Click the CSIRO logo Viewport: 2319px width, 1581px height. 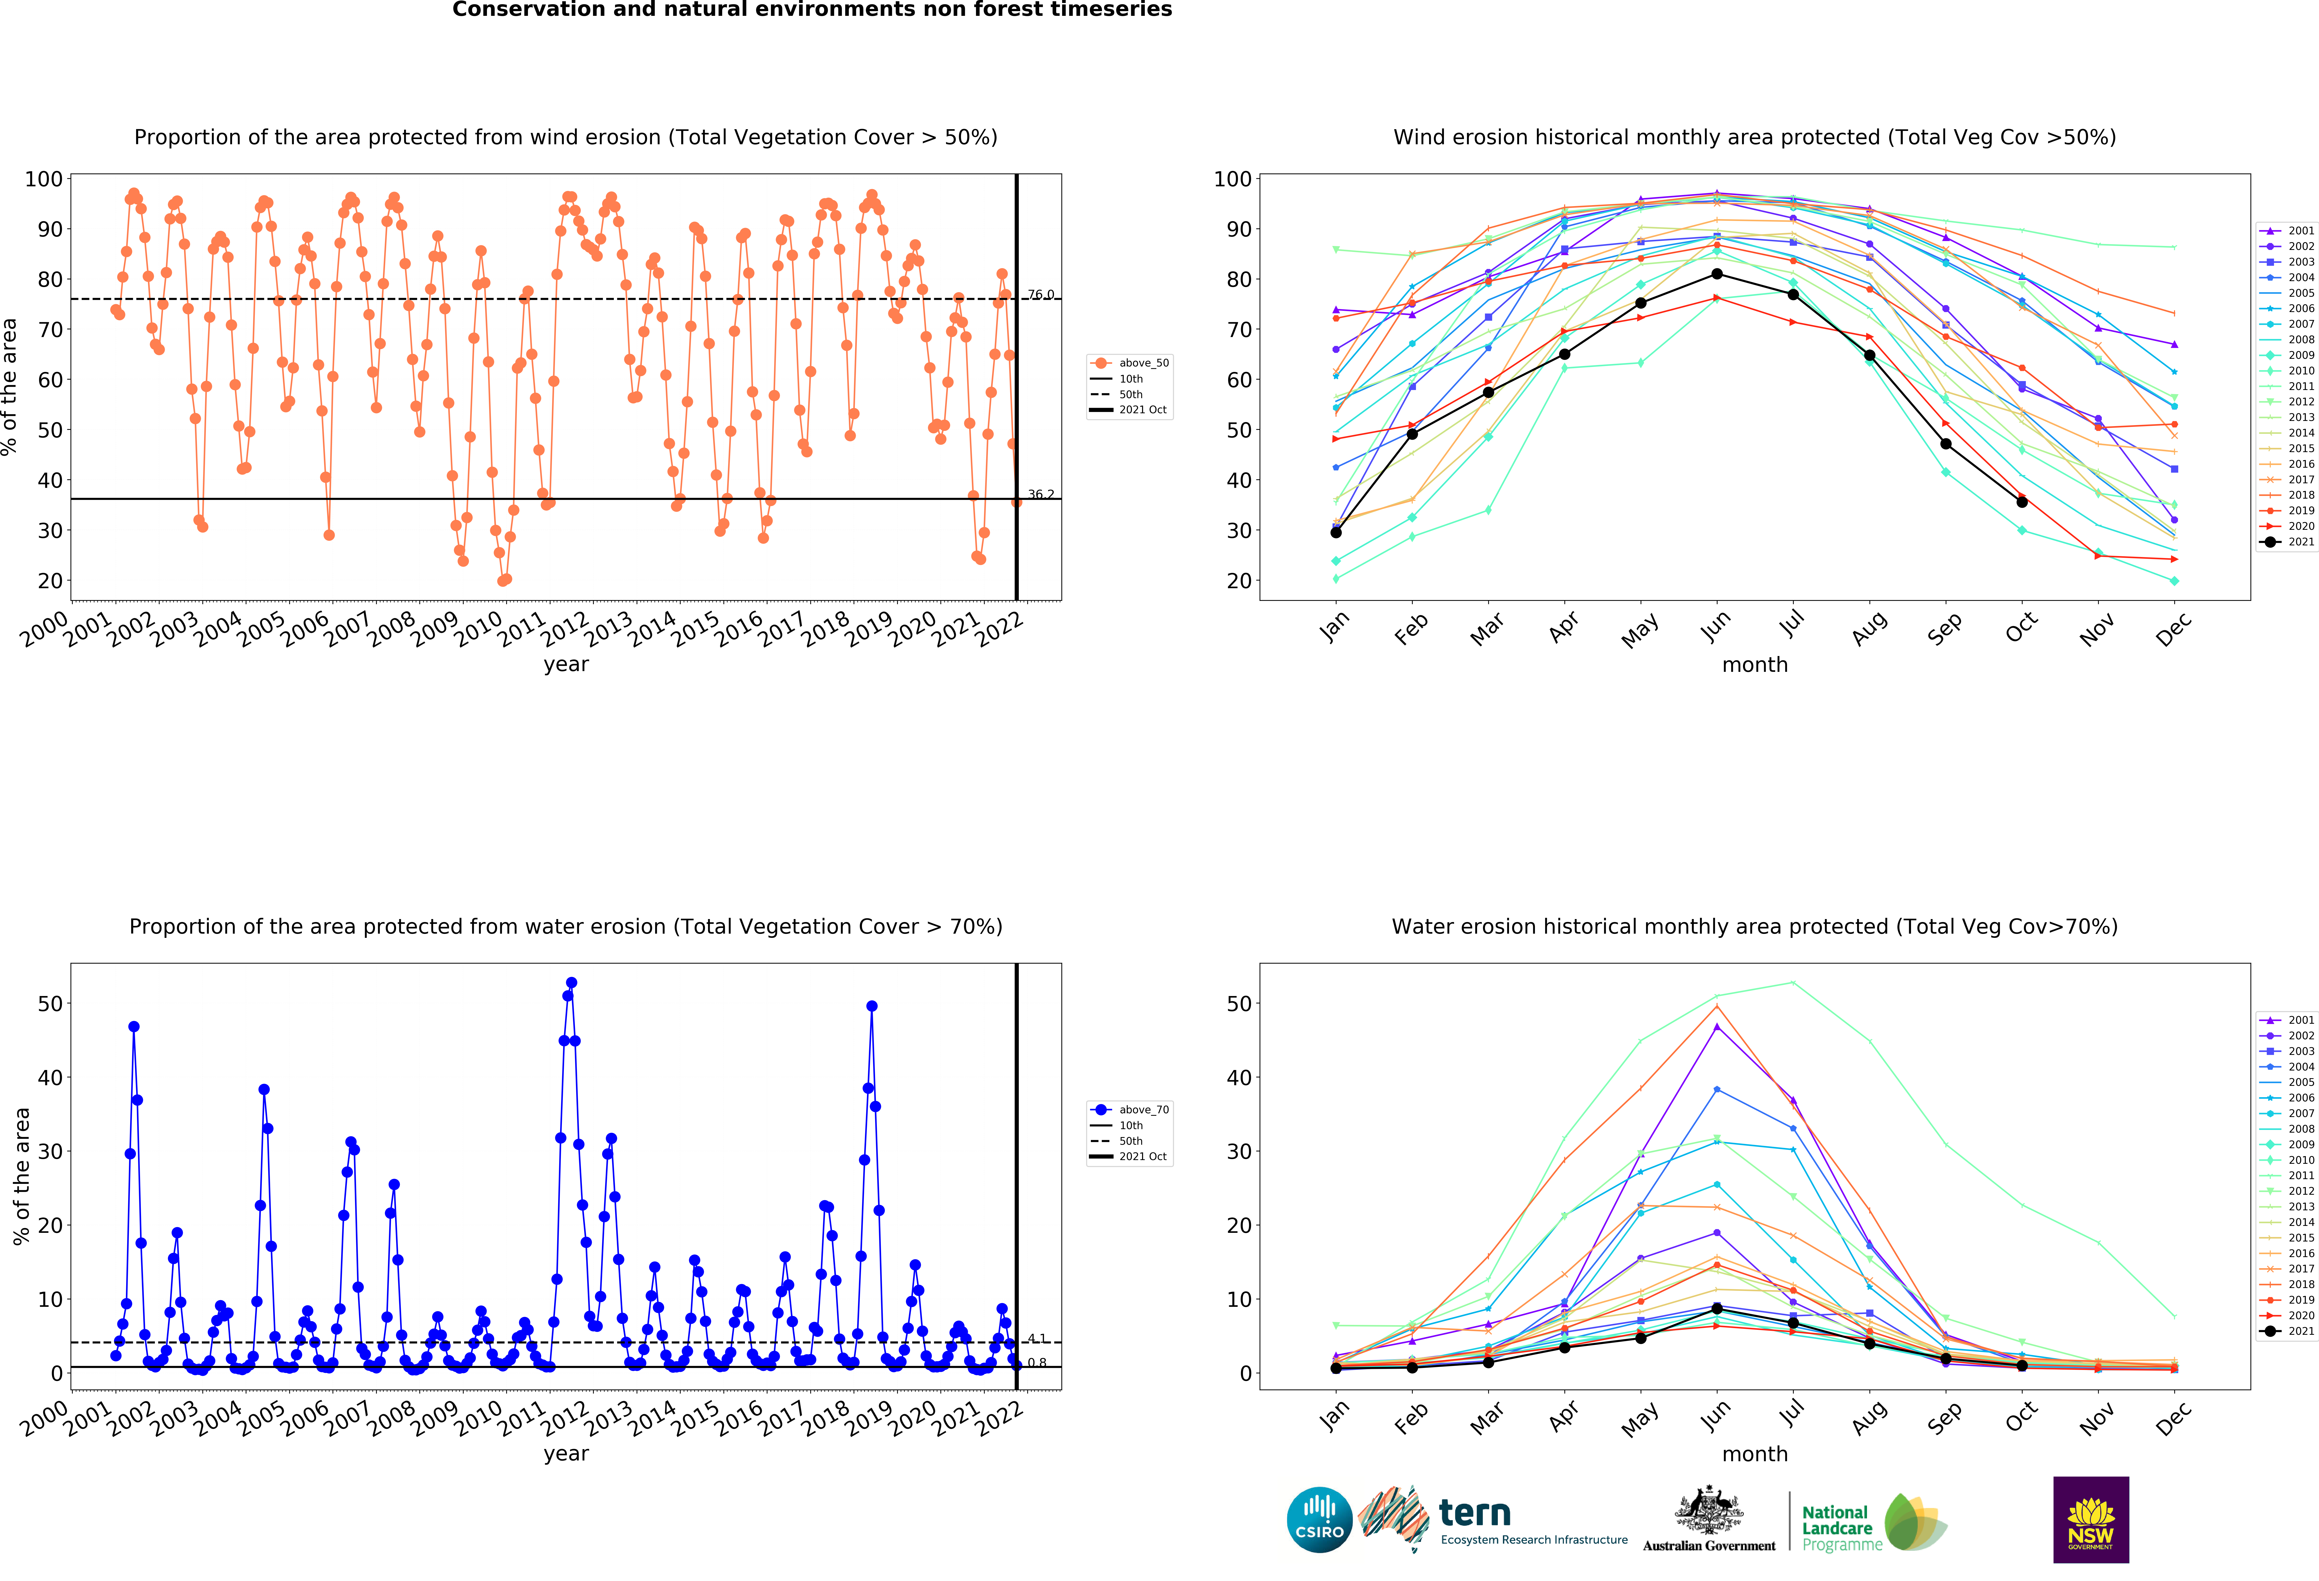tap(1319, 1520)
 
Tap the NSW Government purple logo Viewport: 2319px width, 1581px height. tap(2090, 1519)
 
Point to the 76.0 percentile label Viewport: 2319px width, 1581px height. tap(1041, 294)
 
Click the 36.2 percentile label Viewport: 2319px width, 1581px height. tap(1041, 494)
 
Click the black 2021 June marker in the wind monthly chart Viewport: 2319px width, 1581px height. tap(1716, 273)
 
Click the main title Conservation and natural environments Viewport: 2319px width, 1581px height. tap(812, 10)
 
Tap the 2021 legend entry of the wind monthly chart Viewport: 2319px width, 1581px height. tap(2287, 542)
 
